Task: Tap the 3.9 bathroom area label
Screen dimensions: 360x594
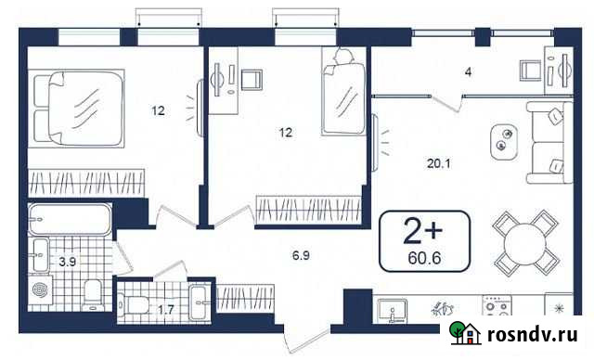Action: [x=68, y=263]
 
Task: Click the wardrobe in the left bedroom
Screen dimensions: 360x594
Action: [x=86, y=182]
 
